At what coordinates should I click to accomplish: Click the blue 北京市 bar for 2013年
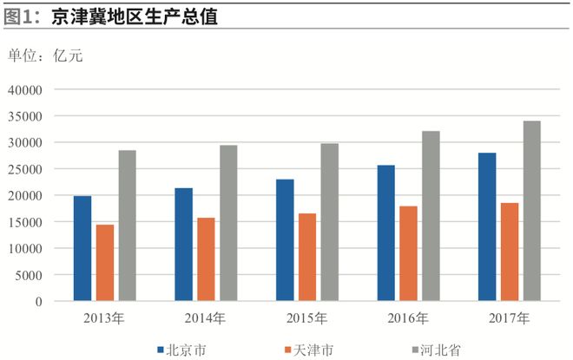82,249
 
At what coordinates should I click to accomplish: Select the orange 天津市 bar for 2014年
206,259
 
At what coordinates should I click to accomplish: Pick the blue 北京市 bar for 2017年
487,227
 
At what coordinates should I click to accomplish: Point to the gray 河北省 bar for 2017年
531,211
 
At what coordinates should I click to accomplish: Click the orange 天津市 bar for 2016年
408,253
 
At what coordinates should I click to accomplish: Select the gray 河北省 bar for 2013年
127,226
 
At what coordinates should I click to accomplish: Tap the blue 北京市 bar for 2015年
285,240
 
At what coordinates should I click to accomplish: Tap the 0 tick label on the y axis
38,302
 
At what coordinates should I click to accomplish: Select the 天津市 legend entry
307,350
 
